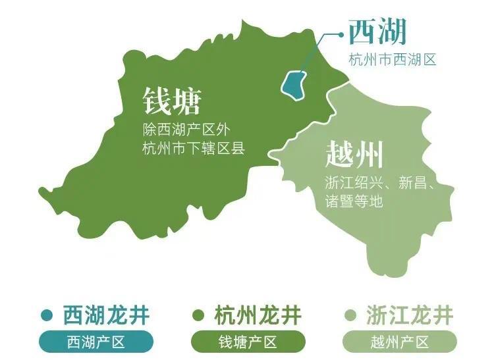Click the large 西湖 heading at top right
(x=377, y=32)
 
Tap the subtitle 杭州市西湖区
(x=393, y=60)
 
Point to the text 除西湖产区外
(x=186, y=129)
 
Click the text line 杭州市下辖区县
(x=193, y=148)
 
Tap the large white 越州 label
(x=354, y=156)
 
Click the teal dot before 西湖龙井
(x=46, y=315)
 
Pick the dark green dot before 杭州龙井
(x=198, y=315)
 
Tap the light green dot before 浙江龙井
(x=350, y=315)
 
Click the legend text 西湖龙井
(x=106, y=315)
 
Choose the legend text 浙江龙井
(x=410, y=315)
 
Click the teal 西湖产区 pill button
(x=96, y=342)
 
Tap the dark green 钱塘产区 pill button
(x=248, y=342)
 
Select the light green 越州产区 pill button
(x=400, y=342)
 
